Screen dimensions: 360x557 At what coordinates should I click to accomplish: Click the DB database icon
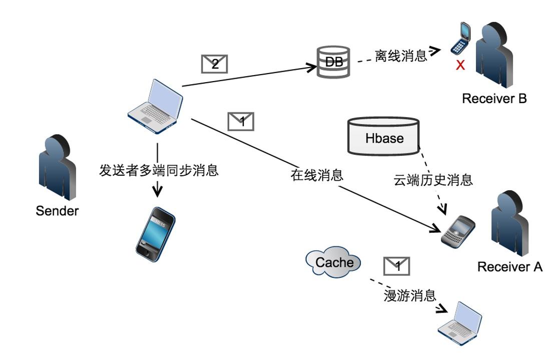334,62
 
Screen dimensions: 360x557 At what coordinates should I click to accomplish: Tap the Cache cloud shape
334,262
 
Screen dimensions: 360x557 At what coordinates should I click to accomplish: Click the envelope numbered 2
215,64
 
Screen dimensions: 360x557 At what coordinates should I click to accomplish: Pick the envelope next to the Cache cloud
397,266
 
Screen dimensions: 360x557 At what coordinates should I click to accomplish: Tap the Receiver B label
494,99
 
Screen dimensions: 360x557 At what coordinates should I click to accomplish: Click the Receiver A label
509,267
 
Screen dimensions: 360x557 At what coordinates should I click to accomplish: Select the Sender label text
57,211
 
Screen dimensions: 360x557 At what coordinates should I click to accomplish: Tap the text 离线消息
401,56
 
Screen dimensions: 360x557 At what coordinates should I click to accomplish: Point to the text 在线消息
317,175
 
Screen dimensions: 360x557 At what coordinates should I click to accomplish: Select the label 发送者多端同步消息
159,170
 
